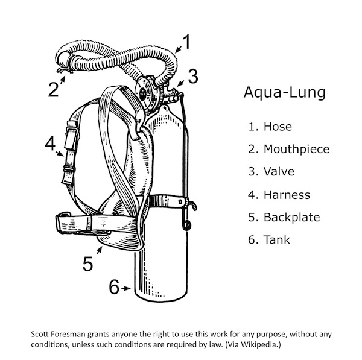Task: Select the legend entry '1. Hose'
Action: [270, 127]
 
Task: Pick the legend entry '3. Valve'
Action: [271, 172]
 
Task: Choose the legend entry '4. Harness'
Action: [279, 195]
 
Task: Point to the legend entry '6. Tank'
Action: [269, 240]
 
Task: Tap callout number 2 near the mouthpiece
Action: [53, 90]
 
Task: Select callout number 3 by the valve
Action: [192, 77]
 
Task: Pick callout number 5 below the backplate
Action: [88, 264]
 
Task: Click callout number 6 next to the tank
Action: [114, 288]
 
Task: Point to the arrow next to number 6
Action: [125, 289]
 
